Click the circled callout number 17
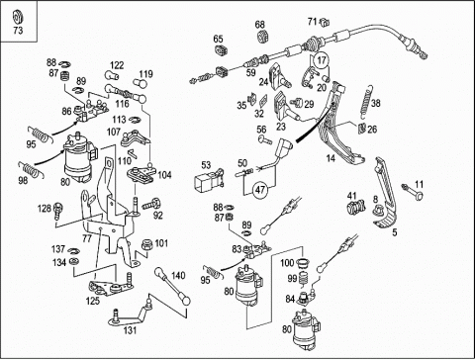322,60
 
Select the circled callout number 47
260,190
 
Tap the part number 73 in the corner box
18,31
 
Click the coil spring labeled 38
366,102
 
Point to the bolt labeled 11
413,192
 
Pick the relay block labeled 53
209,180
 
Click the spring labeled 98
32,169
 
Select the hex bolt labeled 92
151,204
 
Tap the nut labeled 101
146,245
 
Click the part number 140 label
178,276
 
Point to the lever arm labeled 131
132,313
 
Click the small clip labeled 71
325,23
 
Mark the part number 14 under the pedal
331,158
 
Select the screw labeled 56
265,139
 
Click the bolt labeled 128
59,210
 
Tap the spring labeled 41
356,207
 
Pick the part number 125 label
93,301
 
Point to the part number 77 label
87,238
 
